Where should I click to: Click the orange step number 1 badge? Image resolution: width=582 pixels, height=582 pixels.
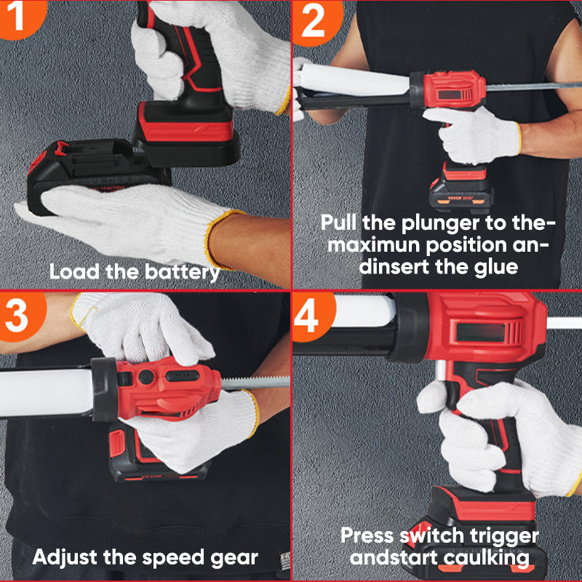tap(20, 17)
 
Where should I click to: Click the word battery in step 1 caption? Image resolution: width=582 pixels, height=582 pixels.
tap(183, 272)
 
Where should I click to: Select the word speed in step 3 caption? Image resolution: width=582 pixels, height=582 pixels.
tap(172, 558)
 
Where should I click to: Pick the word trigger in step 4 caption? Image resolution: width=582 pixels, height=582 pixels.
tap(504, 536)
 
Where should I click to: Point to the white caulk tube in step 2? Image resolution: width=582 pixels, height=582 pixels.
tap(353, 80)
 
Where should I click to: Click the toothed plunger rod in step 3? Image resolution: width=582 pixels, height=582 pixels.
tap(255, 383)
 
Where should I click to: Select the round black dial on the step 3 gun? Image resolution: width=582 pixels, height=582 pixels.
tap(146, 377)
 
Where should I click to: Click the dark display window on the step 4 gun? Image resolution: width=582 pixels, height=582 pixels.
tap(481, 332)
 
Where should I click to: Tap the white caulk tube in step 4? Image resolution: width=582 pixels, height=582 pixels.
tap(364, 311)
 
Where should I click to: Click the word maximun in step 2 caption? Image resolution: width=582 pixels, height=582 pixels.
tap(374, 245)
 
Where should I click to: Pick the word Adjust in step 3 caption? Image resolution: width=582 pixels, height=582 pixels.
tap(65, 558)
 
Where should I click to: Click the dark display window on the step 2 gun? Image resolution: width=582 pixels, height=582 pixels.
tap(450, 95)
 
